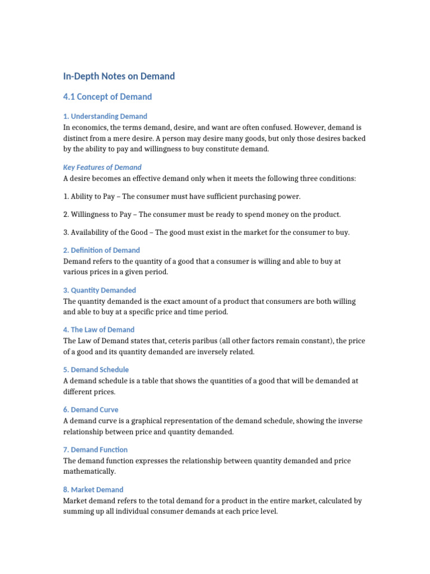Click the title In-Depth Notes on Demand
click(119, 76)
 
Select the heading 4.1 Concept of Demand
click(107, 96)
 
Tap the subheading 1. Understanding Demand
click(105, 116)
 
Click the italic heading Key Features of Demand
click(102, 167)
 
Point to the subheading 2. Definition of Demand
click(101, 250)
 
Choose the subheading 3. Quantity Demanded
click(100, 290)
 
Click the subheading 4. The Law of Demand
click(99, 330)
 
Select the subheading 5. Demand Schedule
click(96, 369)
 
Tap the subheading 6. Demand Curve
click(91, 410)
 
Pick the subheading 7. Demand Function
click(95, 450)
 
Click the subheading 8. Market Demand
click(94, 489)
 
